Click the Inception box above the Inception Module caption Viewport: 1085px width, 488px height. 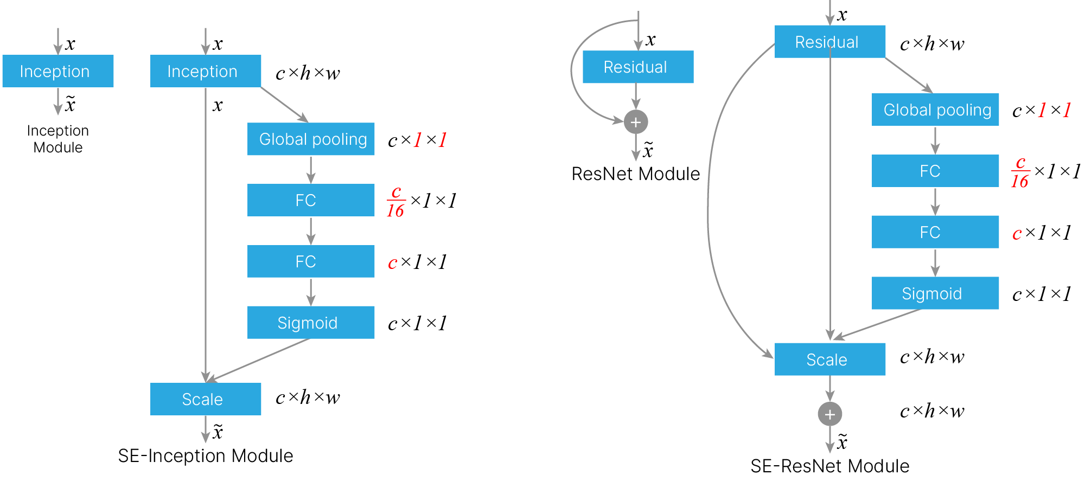click(x=58, y=71)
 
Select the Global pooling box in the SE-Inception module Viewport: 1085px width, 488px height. click(x=311, y=139)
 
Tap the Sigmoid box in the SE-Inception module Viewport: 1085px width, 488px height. click(x=311, y=323)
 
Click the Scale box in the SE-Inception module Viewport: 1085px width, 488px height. click(x=206, y=399)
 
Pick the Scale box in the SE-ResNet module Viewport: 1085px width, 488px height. click(x=830, y=359)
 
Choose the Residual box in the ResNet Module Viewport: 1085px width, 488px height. click(x=638, y=67)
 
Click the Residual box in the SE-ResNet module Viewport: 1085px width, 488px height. click(x=830, y=42)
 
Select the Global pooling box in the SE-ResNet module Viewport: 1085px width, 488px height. click(x=935, y=110)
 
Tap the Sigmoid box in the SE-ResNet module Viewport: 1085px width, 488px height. click(x=935, y=293)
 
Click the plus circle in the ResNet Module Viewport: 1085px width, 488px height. click(x=636, y=122)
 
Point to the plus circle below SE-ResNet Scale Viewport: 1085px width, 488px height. click(x=830, y=414)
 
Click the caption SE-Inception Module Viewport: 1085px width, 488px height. click(x=206, y=456)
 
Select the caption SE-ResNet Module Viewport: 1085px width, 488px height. click(x=830, y=466)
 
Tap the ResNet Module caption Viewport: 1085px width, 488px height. click(x=636, y=174)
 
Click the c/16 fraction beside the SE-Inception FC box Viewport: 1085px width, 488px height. click(x=396, y=201)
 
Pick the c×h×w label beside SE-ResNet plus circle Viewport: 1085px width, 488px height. click(x=932, y=411)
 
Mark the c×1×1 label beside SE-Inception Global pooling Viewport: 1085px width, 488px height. click(x=417, y=140)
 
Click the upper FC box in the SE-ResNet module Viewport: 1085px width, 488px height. click(x=935, y=171)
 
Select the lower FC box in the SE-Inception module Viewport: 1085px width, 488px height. click(x=311, y=261)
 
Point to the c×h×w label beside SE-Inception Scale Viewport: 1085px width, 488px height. click(x=308, y=397)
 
